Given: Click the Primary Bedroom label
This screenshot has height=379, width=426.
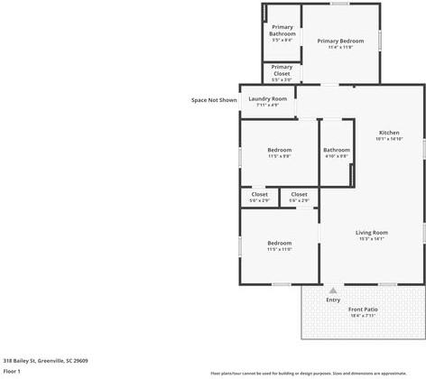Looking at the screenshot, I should [x=340, y=41].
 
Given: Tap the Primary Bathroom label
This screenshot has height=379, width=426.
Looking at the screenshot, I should [x=282, y=30].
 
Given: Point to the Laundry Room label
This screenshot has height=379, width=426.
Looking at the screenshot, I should [x=268, y=98].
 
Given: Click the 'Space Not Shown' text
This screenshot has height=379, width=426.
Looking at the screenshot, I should [x=214, y=100].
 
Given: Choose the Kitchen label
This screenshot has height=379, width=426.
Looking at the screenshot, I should [x=389, y=133].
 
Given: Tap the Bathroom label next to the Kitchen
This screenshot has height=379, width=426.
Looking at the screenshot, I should [x=337, y=150].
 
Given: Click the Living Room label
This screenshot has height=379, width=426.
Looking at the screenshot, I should [x=372, y=233].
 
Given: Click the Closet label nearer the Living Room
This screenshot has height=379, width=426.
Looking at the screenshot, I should [x=299, y=194].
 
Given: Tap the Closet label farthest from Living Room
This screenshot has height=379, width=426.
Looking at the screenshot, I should [x=259, y=194].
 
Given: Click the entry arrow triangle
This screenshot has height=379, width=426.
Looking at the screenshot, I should [x=333, y=291].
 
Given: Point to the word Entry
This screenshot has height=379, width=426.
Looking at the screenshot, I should [x=333, y=300].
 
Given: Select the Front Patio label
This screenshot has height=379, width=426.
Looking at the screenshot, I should [x=363, y=310].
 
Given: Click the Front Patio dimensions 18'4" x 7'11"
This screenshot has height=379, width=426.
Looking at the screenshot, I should [x=363, y=316].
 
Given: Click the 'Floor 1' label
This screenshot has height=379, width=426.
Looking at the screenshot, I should [x=12, y=371].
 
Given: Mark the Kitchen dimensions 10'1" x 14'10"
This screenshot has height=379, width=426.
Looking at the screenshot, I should [x=389, y=139].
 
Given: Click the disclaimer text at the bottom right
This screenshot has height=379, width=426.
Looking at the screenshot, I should [x=320, y=373].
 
